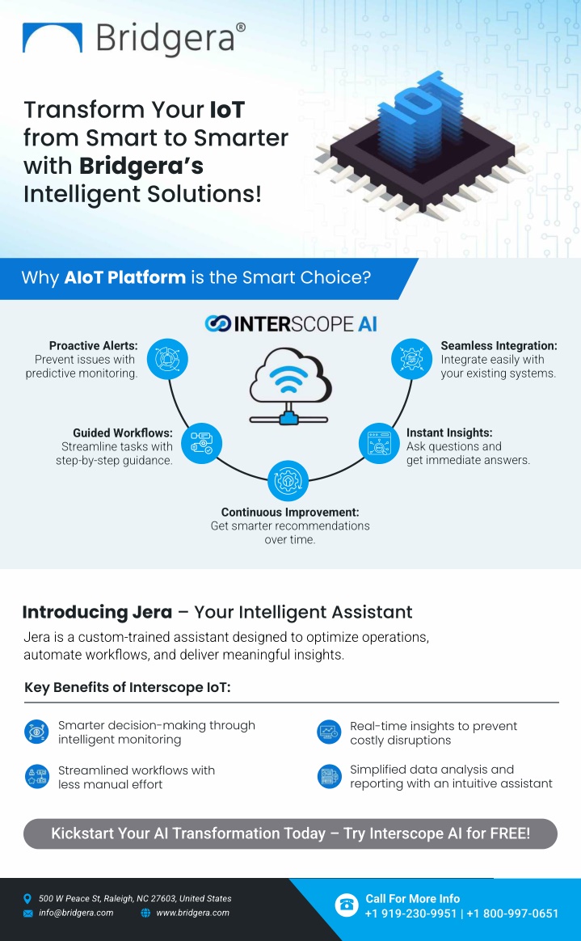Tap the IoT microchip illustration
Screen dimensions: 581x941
point(419,144)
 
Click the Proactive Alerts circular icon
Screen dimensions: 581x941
point(167,359)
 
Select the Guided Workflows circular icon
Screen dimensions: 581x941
point(201,444)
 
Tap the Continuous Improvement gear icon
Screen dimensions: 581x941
point(288,480)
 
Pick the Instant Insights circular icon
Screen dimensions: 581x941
point(379,444)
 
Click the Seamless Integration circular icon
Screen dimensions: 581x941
point(411,359)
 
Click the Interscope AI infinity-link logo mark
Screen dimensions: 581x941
point(217,324)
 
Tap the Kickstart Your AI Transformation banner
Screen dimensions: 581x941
point(290,833)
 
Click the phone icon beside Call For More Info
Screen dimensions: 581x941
point(347,905)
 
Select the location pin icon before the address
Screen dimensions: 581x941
point(27,898)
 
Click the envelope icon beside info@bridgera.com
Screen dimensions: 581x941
point(27,914)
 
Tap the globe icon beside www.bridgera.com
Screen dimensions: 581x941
point(145,913)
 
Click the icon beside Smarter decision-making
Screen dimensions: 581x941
point(36,732)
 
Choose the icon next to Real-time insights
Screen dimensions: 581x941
point(329,732)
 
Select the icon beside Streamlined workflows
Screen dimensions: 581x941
point(36,777)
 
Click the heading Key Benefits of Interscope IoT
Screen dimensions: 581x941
point(127,687)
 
